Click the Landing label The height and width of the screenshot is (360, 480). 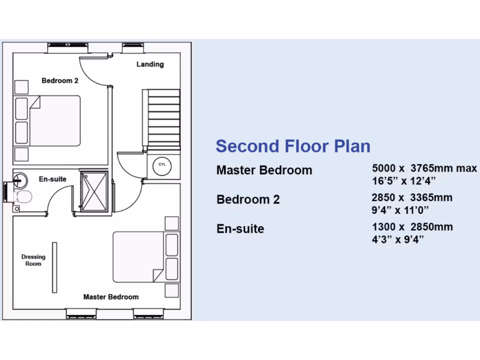150,64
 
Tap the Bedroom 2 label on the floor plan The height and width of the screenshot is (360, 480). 60,81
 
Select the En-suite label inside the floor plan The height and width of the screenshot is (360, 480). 52,179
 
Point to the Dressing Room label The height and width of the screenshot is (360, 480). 33,260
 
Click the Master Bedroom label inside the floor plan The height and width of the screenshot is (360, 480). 111,297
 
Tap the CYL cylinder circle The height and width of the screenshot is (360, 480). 162,165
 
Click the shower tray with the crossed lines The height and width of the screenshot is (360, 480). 94,192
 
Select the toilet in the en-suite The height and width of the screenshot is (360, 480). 22,196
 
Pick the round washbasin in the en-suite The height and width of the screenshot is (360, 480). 19,179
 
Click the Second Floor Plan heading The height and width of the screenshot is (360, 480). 293,146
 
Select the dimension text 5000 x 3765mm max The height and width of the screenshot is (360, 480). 424,168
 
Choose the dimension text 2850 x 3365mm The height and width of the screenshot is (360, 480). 412,198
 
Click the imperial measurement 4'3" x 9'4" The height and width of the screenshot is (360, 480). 398,240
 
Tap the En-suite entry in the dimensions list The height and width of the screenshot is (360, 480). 240,229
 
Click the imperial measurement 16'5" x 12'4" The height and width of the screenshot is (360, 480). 404,180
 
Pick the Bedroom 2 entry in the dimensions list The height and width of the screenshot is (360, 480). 248,200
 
